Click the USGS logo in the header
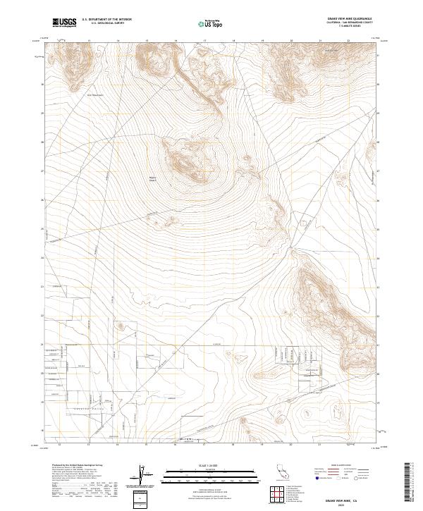pos(65,23)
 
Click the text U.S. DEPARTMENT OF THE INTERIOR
pos(106,20)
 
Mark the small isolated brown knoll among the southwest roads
pos(121,326)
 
